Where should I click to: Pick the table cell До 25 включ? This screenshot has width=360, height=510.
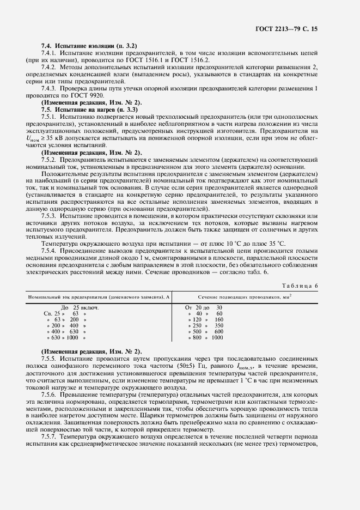[78, 307]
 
